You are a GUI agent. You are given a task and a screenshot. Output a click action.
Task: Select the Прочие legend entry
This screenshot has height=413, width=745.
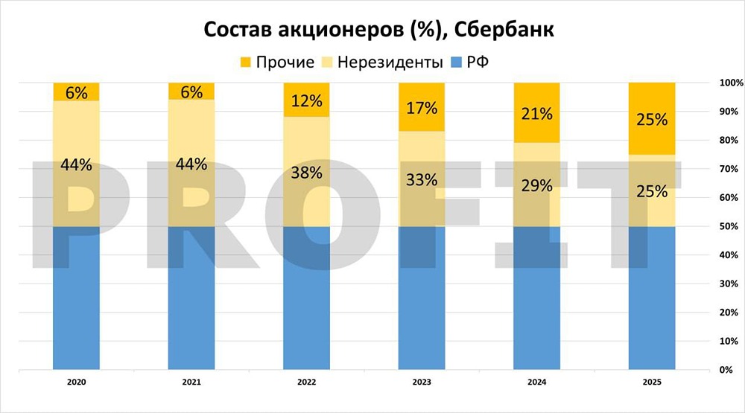(276, 62)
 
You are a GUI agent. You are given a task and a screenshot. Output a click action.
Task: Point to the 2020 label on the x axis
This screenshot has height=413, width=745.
(76, 382)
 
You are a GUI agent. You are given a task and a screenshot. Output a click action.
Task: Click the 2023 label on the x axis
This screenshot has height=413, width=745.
(422, 382)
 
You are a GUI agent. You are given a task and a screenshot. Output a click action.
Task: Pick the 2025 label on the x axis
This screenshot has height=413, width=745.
(652, 382)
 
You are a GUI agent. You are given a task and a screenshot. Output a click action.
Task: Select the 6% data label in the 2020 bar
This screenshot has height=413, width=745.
(76, 92)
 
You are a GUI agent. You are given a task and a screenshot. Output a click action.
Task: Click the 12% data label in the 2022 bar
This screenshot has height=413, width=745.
(307, 100)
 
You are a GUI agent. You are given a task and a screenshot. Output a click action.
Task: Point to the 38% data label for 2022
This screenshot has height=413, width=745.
(307, 173)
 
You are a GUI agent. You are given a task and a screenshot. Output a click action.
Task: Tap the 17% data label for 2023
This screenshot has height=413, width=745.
(422, 107)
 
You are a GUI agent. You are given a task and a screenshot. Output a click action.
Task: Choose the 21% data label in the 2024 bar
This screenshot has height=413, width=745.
(537, 113)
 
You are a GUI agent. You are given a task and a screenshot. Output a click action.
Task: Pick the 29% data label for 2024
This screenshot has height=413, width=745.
(537, 186)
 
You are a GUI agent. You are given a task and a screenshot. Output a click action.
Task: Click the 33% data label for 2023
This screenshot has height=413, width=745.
(422, 179)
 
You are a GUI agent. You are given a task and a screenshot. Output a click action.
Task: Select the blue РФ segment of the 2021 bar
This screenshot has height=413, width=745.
(191, 298)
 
